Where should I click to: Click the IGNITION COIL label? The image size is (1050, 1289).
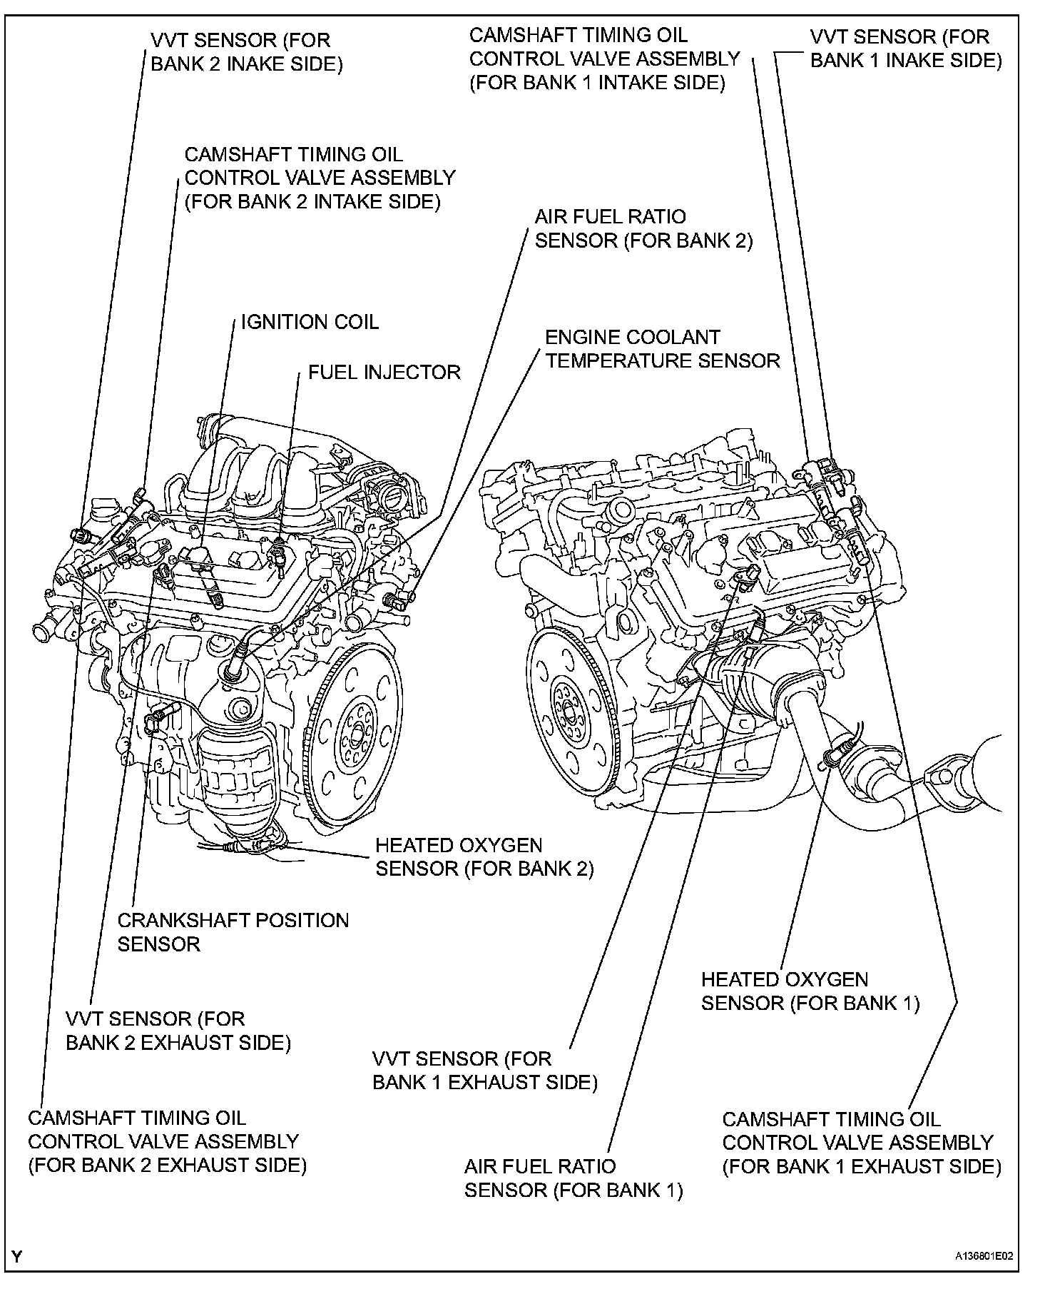[x=310, y=322]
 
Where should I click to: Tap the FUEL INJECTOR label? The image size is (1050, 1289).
[x=384, y=372]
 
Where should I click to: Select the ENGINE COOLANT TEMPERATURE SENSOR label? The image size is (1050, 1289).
[x=662, y=348]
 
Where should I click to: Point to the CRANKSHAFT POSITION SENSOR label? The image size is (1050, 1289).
[x=233, y=932]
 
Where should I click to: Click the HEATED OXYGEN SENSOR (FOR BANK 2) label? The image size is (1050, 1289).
[x=484, y=856]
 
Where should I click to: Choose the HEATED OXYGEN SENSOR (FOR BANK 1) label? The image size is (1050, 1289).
[x=810, y=991]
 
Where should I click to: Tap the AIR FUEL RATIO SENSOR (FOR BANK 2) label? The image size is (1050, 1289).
[x=643, y=228]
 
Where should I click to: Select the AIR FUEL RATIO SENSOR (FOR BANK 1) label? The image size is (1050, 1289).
[x=574, y=1178]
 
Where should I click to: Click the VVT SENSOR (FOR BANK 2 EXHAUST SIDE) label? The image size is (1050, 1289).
[x=178, y=1031]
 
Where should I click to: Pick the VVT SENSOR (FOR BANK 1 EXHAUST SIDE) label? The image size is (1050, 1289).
[x=484, y=1070]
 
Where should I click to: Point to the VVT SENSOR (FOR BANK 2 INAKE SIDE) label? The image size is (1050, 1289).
[x=246, y=52]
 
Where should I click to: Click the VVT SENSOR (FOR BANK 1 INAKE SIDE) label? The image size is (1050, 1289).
[x=906, y=49]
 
